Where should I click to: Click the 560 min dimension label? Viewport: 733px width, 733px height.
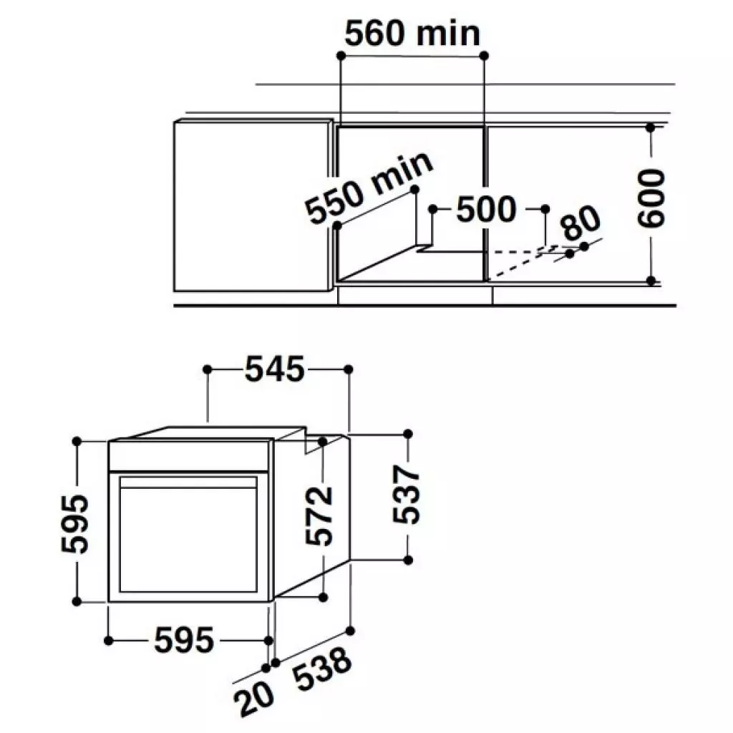tap(412, 33)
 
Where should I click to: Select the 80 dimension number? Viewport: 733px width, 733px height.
tap(581, 225)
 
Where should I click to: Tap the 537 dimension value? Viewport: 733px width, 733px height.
tap(405, 495)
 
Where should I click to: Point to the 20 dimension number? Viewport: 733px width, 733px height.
tap(254, 699)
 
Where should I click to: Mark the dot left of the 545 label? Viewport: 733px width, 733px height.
tap(208, 369)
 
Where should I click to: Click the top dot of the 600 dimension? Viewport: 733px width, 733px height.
tap(650, 128)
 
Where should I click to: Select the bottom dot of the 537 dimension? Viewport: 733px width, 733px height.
tap(408, 559)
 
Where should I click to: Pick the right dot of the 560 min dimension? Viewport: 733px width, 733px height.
tap(485, 55)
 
